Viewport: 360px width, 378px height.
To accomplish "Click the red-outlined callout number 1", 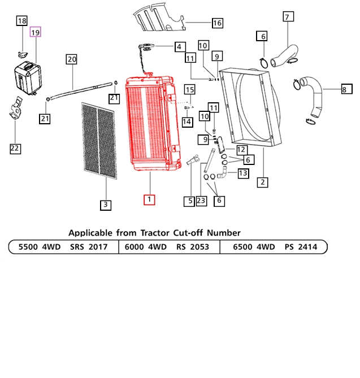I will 149,199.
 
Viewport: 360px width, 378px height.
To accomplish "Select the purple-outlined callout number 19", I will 35,33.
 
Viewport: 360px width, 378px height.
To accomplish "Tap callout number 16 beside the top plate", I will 217,23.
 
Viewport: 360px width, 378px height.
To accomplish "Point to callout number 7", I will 287,17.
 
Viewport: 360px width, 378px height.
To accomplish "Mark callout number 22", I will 15,149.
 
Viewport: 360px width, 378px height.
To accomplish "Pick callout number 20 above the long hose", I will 71,59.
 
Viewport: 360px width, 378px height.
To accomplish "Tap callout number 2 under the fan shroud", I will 263,182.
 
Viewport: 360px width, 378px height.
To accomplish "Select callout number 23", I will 201,200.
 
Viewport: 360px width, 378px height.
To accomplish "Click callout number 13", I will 242,173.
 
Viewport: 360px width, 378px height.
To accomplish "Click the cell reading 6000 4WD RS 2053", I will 168,247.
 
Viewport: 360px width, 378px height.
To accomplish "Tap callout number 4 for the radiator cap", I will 179,46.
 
